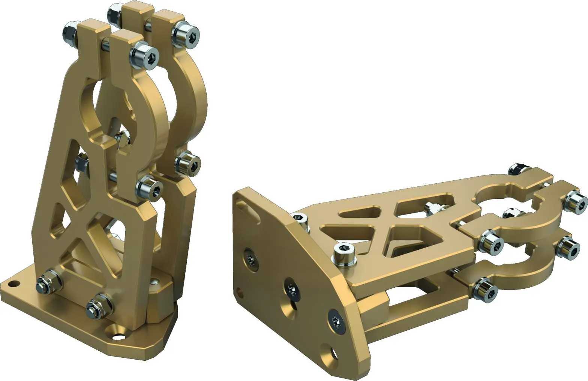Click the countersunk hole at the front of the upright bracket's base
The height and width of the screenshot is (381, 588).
click(x=117, y=332)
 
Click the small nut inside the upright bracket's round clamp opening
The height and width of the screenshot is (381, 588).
click(x=122, y=139)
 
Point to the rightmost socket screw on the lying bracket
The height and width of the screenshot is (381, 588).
click(x=576, y=201)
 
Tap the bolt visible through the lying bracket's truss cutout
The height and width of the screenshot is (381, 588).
click(x=433, y=207)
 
